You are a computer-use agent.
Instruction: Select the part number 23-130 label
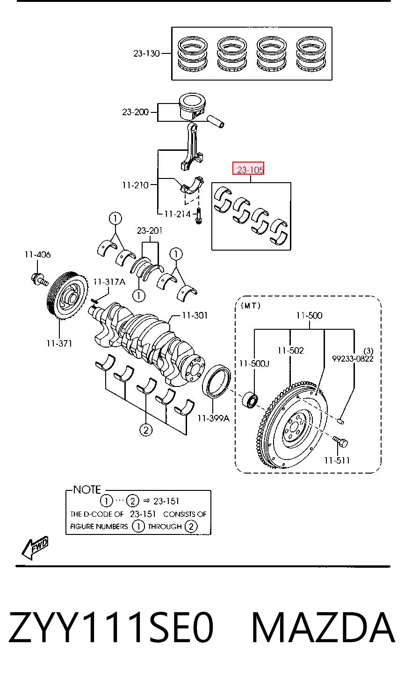(146, 53)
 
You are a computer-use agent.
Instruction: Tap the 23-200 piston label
(135, 112)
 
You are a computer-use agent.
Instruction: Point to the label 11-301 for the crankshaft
(195, 315)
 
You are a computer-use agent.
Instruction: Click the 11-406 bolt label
(38, 254)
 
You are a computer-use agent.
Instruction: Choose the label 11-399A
(213, 418)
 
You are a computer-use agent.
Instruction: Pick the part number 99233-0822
(353, 359)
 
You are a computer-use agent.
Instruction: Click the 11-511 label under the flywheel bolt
(337, 460)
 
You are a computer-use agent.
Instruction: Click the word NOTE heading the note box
(87, 489)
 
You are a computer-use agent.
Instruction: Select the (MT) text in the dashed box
(251, 305)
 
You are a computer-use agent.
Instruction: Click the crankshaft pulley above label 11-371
(67, 295)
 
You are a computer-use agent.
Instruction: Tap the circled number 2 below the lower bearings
(146, 430)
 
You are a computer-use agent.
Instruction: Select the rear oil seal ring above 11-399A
(216, 381)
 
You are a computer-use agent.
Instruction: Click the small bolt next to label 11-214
(199, 216)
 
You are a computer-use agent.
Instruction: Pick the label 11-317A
(109, 282)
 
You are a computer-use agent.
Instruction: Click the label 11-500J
(254, 363)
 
